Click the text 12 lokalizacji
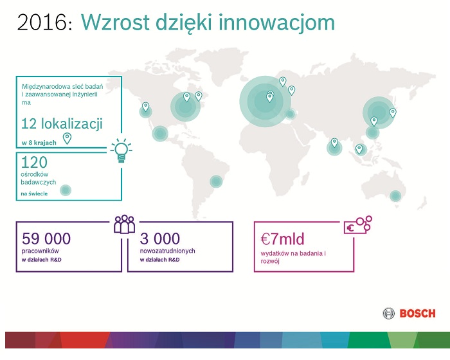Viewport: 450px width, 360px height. pos(62,124)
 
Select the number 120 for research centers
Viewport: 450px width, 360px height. pos(34,162)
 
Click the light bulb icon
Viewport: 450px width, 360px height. pos(121,150)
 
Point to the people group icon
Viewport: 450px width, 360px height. pos(124,224)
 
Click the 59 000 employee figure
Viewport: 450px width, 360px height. pos(46,239)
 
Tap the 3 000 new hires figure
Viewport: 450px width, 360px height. pos(160,239)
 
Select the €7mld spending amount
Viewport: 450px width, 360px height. pos(282,239)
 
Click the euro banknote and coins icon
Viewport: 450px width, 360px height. pos(357,225)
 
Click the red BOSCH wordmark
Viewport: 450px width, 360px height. pos(418,314)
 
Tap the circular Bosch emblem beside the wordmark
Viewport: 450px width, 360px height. pos(388,314)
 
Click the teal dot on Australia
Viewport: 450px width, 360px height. pos(395,196)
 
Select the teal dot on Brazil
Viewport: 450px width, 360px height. pos(216,181)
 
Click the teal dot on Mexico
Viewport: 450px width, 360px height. pos(160,134)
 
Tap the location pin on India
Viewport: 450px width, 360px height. pos(334,143)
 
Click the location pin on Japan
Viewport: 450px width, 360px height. pos(393,113)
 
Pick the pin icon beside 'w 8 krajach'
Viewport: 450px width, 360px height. pos(67,138)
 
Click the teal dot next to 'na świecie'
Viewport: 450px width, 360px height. pos(66,190)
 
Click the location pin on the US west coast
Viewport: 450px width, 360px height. pos(145,107)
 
